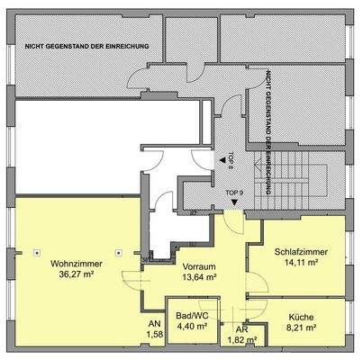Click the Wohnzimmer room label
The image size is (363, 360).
[76, 264]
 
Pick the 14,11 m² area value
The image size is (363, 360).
[302, 265]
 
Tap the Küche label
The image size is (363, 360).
[302, 318]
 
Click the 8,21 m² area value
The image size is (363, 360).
[302, 329]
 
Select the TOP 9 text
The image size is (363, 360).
[233, 193]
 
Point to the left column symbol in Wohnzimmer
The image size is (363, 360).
[35, 251]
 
